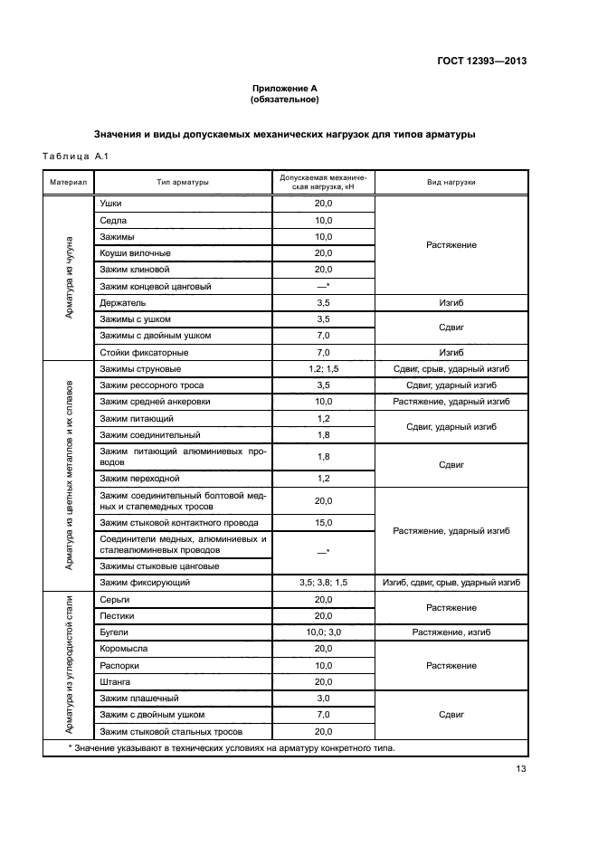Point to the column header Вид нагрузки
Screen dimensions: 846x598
click(x=451, y=182)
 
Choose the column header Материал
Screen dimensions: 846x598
click(x=68, y=182)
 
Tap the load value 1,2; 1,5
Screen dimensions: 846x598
click(x=323, y=369)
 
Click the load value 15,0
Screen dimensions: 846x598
click(x=323, y=523)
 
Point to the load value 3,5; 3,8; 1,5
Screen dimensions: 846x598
click(x=323, y=584)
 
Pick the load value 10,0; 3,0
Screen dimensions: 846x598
click(x=323, y=632)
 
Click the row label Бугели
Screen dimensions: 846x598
click(x=115, y=632)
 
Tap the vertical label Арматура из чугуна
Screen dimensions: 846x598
click(x=69, y=277)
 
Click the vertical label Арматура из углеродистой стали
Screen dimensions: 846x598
click(x=69, y=666)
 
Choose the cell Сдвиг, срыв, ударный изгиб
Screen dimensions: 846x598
click(x=451, y=369)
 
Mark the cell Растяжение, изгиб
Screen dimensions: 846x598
click(x=451, y=632)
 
